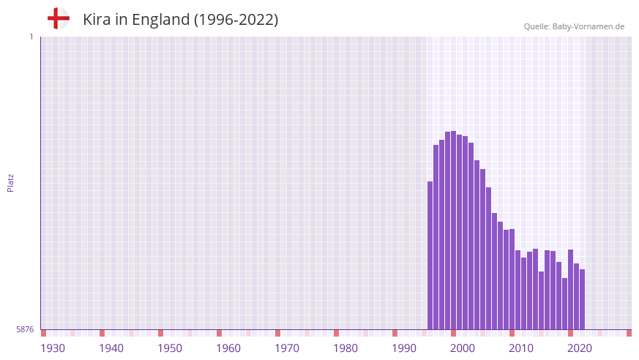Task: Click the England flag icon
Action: (x=58, y=18)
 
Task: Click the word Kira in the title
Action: (x=97, y=20)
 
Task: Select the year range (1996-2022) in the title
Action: (x=236, y=20)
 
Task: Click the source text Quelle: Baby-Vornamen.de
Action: (x=574, y=26)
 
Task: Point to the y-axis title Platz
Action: (x=10, y=183)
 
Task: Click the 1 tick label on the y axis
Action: (x=31, y=37)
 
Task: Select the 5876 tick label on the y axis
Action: (x=25, y=329)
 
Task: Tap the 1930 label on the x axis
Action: (x=53, y=348)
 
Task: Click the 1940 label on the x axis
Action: (x=111, y=348)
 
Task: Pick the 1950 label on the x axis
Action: (x=170, y=348)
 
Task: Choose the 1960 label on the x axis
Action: (x=228, y=348)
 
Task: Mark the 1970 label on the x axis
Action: (x=287, y=348)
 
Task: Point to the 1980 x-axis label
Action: (x=345, y=348)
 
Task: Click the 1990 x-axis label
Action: (x=404, y=348)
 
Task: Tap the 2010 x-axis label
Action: (x=521, y=348)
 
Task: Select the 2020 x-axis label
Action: (x=580, y=348)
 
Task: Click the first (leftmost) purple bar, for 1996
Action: (x=430, y=256)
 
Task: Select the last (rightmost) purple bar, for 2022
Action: (x=583, y=300)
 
